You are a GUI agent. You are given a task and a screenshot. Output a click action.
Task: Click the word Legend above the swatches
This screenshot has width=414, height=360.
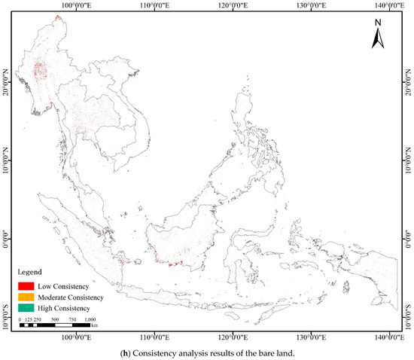pos(32,271)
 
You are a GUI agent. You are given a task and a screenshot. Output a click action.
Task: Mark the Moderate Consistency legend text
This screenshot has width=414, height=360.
pos(72,297)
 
